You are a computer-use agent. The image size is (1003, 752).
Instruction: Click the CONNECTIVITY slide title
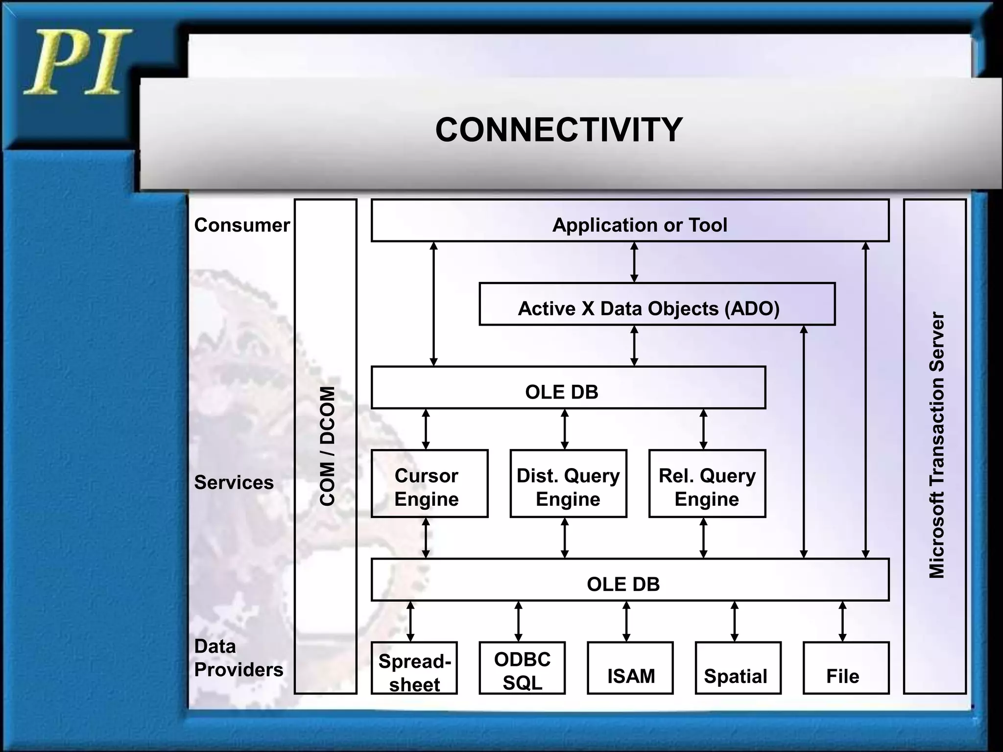[x=558, y=130]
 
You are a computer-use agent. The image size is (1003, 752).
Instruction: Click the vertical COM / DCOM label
[x=327, y=446]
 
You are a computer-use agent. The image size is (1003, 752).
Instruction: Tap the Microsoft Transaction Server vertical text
[x=936, y=446]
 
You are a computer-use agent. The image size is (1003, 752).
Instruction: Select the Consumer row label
[x=242, y=225]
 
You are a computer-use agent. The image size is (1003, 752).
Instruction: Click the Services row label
[x=234, y=483]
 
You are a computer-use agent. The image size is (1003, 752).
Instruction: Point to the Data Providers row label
[x=238, y=658]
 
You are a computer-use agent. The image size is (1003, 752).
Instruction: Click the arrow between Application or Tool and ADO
[x=634, y=262]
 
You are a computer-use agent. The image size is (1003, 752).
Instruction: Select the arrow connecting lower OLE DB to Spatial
[x=734, y=621]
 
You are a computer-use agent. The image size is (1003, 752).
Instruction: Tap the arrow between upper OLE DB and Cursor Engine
[x=426, y=429]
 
